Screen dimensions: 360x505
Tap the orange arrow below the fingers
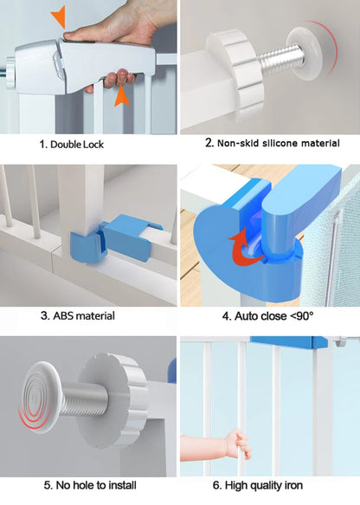[122, 95]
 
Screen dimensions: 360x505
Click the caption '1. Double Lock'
[72, 145]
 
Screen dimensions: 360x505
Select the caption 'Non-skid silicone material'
[279, 143]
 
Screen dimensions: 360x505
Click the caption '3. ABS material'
[78, 315]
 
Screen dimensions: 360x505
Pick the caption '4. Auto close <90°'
[267, 316]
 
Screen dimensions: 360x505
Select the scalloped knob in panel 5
[113, 400]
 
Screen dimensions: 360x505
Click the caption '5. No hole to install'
[90, 485]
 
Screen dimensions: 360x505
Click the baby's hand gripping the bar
[237, 443]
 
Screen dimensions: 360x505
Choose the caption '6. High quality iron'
[258, 485]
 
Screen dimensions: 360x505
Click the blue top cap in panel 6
[288, 343]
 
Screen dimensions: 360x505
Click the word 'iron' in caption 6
[293, 485]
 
